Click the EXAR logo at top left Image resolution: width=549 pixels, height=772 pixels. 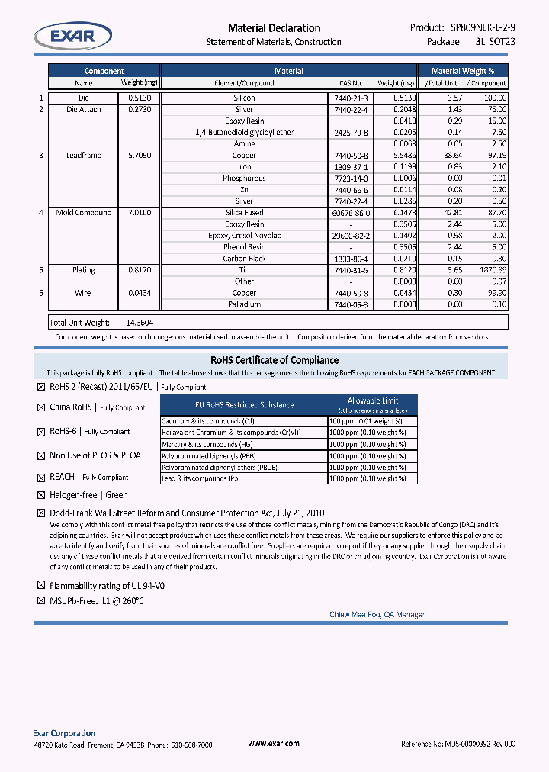[x=72, y=36]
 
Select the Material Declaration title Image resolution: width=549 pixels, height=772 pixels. [x=274, y=28]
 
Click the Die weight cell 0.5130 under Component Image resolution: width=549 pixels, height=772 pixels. [x=140, y=98]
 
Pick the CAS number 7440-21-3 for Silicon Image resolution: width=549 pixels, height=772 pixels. [x=351, y=98]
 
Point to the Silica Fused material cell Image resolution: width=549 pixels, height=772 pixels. [x=244, y=213]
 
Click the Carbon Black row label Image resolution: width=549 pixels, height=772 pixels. [x=244, y=259]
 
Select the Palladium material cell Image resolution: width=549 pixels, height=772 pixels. [x=244, y=304]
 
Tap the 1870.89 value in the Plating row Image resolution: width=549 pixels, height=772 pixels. [x=489, y=270]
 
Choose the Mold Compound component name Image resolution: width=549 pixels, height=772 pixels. [x=83, y=213]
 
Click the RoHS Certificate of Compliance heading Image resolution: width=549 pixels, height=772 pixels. [x=274, y=360]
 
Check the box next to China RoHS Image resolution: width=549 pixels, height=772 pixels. [x=41, y=407]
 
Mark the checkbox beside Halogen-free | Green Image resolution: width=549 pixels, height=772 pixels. [x=41, y=496]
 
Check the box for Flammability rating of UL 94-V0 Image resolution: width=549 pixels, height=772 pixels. [x=41, y=586]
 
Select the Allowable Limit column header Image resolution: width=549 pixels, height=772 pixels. [x=372, y=401]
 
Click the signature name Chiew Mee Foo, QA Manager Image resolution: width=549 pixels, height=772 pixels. [x=377, y=615]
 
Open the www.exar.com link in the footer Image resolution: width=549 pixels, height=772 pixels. [x=274, y=743]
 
